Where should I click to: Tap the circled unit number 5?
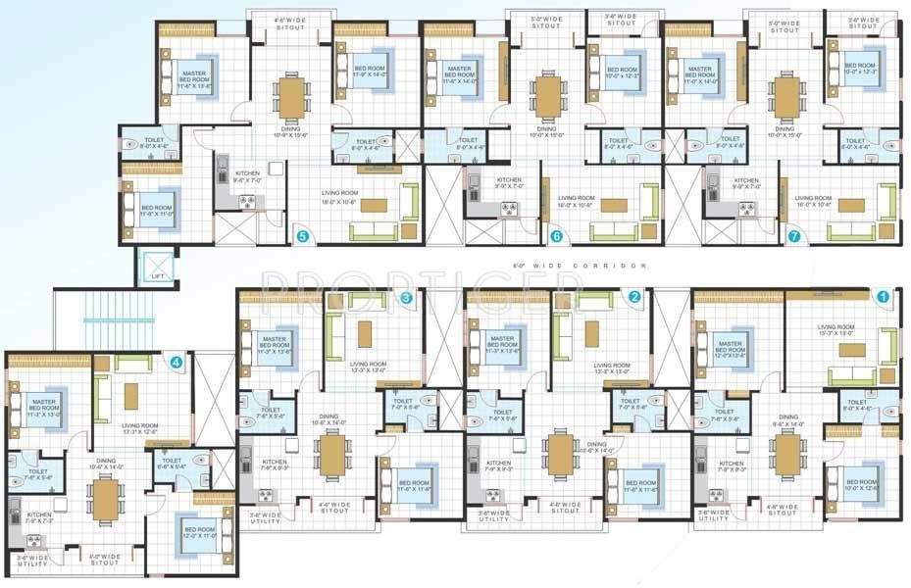coord(303,236)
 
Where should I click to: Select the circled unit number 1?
coord(883,295)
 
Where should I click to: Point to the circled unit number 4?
coord(177,362)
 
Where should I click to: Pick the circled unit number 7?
coord(793,235)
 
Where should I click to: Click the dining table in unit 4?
coord(104,499)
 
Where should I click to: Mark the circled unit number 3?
coord(407,297)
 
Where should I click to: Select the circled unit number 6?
coord(556,236)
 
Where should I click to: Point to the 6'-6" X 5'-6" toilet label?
coord(172,464)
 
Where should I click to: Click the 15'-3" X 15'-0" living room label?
coord(835,331)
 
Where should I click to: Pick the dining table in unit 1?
coord(788,453)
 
